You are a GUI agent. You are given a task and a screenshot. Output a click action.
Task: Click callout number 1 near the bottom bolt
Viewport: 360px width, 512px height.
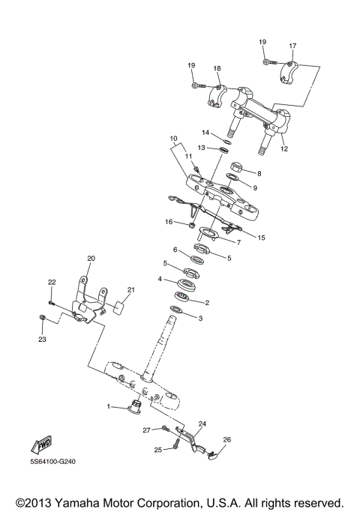108,406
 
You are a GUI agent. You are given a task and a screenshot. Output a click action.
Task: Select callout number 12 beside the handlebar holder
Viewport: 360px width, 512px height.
283,149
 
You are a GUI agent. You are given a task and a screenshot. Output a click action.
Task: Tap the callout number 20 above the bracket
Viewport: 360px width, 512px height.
91,259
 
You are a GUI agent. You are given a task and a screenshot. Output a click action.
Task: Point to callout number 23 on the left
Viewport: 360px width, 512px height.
42,340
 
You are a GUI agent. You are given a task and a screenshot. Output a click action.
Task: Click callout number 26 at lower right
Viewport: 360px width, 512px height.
227,439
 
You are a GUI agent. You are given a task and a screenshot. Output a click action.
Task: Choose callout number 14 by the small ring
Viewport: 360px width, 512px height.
205,133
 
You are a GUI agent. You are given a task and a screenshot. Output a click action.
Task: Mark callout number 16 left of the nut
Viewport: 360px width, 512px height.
169,222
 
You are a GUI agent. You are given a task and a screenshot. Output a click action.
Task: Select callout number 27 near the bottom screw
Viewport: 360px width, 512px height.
147,430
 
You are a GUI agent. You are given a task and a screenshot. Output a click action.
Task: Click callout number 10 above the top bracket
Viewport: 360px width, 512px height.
172,139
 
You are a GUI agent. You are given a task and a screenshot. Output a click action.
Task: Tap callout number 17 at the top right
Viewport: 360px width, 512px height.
292,45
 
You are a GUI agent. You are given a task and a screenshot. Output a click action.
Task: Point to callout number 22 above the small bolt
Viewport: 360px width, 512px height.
52,282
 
